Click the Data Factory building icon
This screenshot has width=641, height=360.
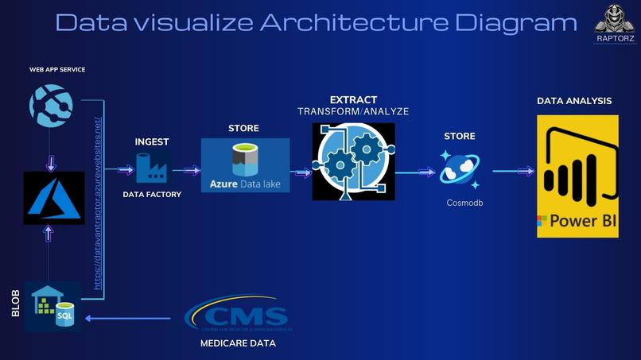click(151, 168)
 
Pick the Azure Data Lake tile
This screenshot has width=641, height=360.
click(245, 165)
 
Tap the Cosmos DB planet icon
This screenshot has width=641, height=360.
click(460, 169)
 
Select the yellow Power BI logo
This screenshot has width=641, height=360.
click(577, 176)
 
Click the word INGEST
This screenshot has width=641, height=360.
click(151, 141)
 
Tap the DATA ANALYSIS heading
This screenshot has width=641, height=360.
click(574, 101)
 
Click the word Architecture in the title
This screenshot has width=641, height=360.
click(325, 22)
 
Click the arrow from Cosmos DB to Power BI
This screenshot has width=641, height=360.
click(512, 170)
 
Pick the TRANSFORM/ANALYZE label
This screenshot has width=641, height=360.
click(353, 112)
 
